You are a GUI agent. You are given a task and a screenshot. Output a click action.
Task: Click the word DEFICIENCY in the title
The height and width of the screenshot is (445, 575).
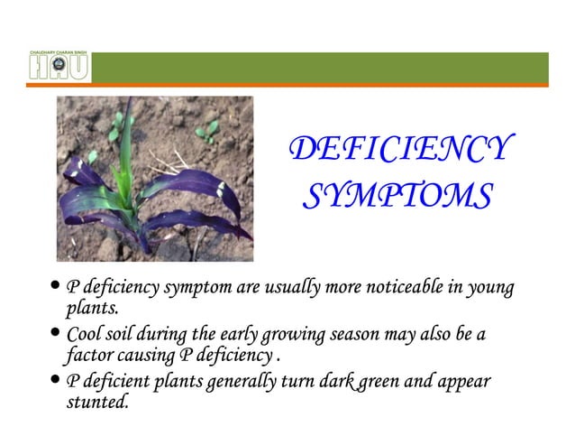400,152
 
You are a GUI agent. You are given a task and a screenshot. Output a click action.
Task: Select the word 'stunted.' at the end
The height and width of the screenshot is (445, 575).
98,403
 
